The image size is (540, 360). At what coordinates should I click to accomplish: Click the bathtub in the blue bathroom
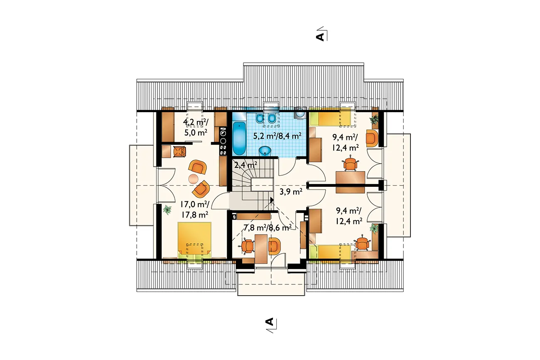point(239,138)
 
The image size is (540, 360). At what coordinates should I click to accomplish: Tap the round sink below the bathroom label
point(265,151)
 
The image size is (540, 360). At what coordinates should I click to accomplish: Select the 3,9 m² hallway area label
point(291,191)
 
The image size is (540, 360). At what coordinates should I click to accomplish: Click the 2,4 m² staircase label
point(245,165)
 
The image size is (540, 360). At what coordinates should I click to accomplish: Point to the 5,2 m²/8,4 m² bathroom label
point(277,136)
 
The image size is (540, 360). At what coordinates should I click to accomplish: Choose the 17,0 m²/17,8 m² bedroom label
point(195,210)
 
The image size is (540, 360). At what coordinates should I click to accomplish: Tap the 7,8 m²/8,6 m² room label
point(268,228)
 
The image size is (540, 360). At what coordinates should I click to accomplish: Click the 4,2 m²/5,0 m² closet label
point(195,127)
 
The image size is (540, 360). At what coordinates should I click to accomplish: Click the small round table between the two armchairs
point(193,179)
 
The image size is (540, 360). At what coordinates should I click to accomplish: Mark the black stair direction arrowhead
point(272,200)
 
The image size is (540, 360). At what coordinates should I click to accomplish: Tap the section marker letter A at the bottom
point(269,322)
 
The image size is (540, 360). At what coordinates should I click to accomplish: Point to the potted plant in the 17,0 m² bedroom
point(167,210)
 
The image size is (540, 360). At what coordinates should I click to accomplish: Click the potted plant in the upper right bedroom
point(374,119)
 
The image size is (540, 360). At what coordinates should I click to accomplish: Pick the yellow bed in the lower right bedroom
point(330,253)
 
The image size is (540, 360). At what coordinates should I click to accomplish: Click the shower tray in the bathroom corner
point(300,114)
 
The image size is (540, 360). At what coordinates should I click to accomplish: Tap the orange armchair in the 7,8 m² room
point(274,246)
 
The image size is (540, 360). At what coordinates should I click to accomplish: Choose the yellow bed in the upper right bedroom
point(330,117)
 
